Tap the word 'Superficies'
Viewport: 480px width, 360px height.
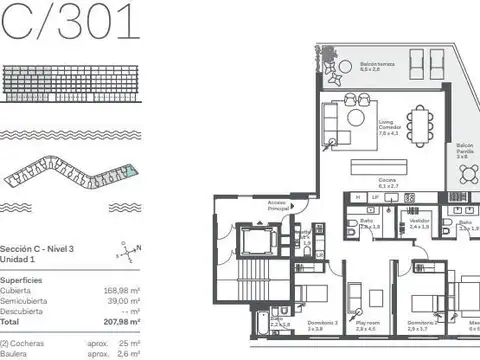pyautogui.click(x=21, y=281)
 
